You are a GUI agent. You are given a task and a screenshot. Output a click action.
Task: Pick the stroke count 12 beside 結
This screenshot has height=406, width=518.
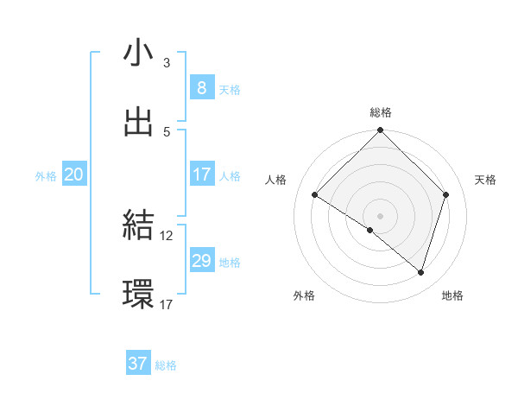tap(167, 235)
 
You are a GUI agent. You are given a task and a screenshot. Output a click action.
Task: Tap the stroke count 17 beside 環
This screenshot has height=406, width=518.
tap(167, 304)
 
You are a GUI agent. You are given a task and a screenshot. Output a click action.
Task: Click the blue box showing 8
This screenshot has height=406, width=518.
tap(201, 87)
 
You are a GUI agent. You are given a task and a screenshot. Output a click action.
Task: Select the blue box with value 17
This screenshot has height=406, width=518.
tap(201, 174)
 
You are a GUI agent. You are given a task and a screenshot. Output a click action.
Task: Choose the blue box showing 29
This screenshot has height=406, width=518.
tap(201, 260)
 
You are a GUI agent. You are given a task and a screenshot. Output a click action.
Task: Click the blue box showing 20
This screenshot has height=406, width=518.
tap(74, 174)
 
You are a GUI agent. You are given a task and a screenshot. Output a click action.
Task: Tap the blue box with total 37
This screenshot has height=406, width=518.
tap(137, 364)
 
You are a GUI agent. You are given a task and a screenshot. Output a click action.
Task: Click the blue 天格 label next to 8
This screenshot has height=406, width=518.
tap(230, 89)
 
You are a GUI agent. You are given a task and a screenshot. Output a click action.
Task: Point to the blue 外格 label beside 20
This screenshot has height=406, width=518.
tap(46, 175)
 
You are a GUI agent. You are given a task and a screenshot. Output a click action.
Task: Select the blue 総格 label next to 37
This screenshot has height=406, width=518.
tap(166, 365)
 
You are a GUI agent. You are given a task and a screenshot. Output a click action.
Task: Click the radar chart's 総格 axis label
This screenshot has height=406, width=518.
tap(381, 112)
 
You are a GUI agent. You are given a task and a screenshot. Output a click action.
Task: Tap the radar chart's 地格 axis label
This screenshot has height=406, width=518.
tap(452, 295)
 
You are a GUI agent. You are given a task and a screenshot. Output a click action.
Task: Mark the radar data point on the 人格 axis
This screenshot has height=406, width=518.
tap(314, 194)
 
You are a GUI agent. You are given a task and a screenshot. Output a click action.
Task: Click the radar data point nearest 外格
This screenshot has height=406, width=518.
tap(370, 230)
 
